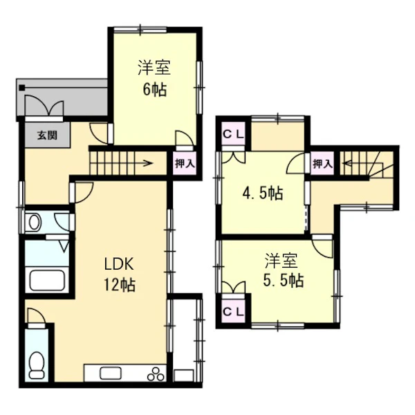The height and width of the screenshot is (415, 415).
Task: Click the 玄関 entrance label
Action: click(x=47, y=136)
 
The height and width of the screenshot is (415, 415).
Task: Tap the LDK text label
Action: click(x=119, y=264)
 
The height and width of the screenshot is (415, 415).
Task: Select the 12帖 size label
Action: click(x=120, y=285)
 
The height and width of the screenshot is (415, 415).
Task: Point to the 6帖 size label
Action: click(x=155, y=89)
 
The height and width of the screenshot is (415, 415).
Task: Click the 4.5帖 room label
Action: click(x=263, y=193)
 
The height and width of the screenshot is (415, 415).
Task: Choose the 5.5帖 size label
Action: click(x=283, y=280)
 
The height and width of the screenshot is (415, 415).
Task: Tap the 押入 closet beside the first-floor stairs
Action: click(x=185, y=163)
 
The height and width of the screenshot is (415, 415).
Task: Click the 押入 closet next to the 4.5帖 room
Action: click(x=322, y=164)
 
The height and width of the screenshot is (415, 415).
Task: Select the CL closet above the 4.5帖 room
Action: click(x=233, y=134)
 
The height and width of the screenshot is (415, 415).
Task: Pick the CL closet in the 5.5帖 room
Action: click(x=233, y=311)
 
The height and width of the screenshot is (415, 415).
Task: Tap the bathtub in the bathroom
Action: click(x=47, y=280)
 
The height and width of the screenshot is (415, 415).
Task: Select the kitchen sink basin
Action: click(x=111, y=373)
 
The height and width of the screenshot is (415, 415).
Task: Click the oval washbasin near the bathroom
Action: click(x=35, y=223)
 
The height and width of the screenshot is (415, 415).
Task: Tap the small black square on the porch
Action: click(x=22, y=87)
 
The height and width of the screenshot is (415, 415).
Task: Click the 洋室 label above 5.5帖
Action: click(x=282, y=261)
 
